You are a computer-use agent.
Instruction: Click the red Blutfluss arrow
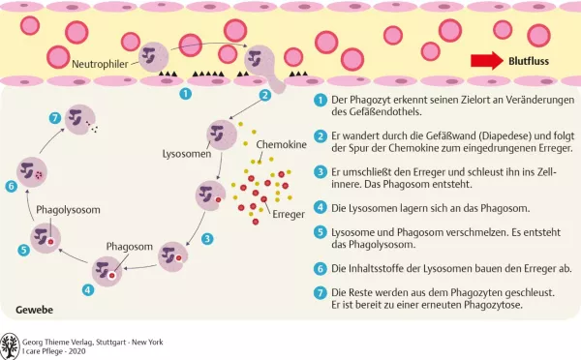point(486,61)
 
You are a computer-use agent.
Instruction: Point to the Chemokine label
point(279,144)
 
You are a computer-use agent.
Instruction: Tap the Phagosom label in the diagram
point(129,247)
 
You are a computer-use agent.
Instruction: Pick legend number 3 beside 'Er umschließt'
point(320,171)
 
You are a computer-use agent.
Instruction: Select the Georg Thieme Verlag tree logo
point(11,344)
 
